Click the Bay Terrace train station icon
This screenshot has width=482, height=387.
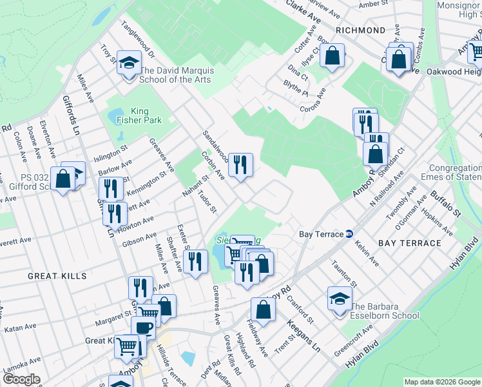point(349,233)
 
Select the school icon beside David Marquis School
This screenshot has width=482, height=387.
point(129,64)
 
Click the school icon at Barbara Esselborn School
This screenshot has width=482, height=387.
point(340,299)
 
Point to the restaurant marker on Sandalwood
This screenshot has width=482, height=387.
point(240,164)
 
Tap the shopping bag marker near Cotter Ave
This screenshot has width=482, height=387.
point(333,57)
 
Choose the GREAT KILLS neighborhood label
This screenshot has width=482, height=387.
point(57,276)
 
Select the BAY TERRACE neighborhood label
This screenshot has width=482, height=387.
point(409,243)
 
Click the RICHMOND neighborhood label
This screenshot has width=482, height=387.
point(360,30)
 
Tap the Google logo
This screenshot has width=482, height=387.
point(21,379)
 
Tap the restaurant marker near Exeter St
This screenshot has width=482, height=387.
point(194,262)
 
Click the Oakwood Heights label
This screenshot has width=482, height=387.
point(454,71)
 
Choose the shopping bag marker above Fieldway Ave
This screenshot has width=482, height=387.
point(263,309)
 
